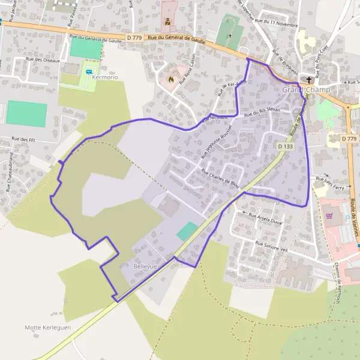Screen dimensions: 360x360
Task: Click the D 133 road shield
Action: (x=286, y=146)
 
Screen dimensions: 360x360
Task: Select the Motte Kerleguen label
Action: (x=48, y=328)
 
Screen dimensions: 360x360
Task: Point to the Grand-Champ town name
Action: (x=305, y=89)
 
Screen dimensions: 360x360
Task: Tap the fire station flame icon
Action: (x=172, y=78)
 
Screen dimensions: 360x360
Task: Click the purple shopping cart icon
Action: (x=329, y=214)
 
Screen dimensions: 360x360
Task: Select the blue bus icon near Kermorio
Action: (x=89, y=72)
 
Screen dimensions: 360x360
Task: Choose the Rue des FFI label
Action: (x=24, y=139)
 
